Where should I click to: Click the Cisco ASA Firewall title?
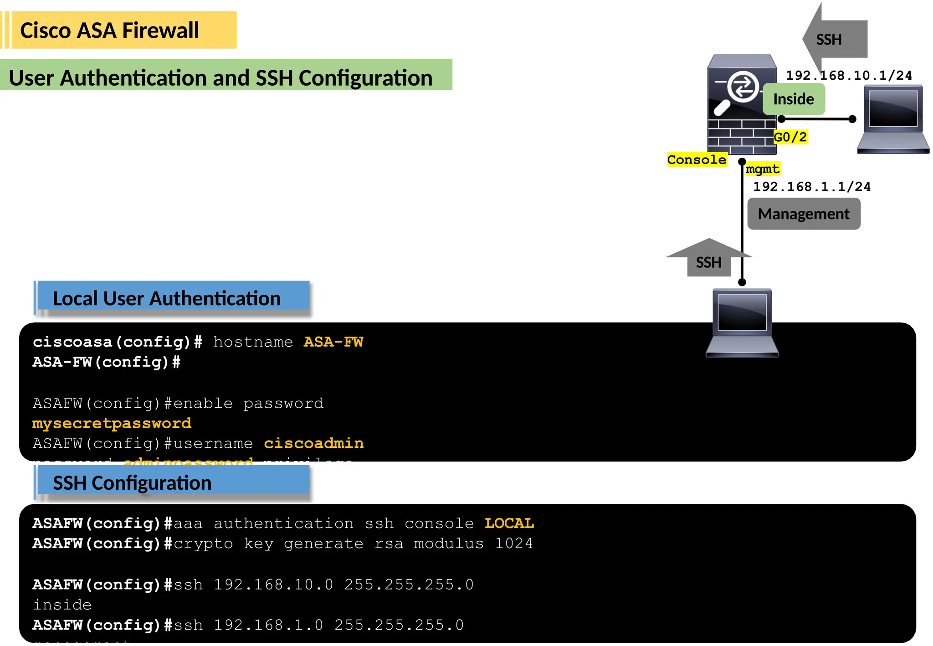coord(110,31)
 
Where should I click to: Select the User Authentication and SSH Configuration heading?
coord(220,77)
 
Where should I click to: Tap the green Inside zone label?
coord(794,99)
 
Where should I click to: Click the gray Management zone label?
coord(804,214)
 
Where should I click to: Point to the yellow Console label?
coord(697,159)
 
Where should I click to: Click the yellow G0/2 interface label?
coord(790,137)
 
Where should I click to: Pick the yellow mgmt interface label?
coord(762,169)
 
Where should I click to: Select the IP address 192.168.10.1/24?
coord(849,75)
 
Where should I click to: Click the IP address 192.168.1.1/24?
coord(812,186)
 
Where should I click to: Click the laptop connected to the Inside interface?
coord(893,119)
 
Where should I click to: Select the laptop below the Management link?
coord(742,323)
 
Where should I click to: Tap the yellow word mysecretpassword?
coord(112,423)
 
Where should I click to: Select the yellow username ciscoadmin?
coord(313,443)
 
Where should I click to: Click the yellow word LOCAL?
coord(509,523)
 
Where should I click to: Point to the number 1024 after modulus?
coord(514,543)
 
